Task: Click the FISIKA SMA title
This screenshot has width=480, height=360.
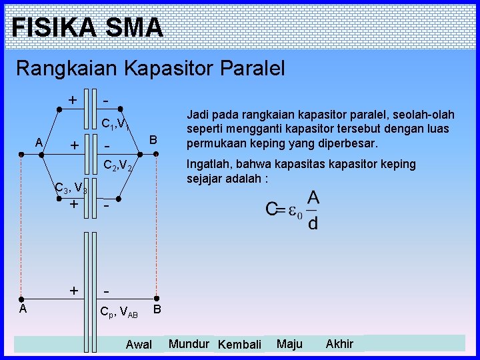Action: pos(87,27)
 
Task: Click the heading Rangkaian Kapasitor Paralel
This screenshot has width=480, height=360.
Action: pos(150,68)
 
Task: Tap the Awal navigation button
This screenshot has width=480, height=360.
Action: pos(139,345)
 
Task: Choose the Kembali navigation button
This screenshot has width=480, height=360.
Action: pos(239,345)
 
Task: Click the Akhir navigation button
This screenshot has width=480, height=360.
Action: pos(339,344)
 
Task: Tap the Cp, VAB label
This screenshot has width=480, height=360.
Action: pos(118,311)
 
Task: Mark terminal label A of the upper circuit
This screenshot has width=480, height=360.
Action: pos(39,142)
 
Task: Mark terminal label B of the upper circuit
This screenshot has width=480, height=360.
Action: pos(153,139)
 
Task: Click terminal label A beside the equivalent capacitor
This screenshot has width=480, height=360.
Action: pos(22,309)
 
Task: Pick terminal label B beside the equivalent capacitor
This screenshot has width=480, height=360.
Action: pos(157,309)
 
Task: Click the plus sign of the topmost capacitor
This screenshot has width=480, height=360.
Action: pos(72,99)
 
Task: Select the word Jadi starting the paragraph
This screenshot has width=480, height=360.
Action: pos(198,115)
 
